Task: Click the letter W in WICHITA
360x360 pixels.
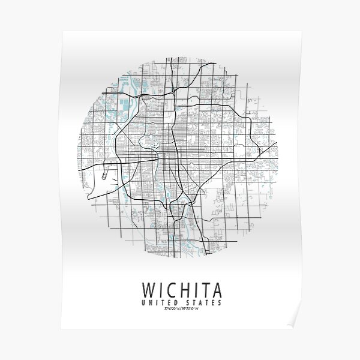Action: click(146, 290)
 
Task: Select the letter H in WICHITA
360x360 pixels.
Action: click(182, 290)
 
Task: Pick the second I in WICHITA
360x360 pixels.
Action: click(193, 290)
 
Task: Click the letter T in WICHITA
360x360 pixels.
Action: click(202, 290)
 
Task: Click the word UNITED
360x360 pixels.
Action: click(158, 303)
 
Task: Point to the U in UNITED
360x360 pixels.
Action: click(140, 303)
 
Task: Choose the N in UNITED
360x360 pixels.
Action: click(148, 303)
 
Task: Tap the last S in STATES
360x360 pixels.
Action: click(218, 303)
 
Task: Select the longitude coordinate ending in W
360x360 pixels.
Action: click(194, 310)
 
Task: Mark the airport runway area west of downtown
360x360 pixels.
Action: click(106, 177)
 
